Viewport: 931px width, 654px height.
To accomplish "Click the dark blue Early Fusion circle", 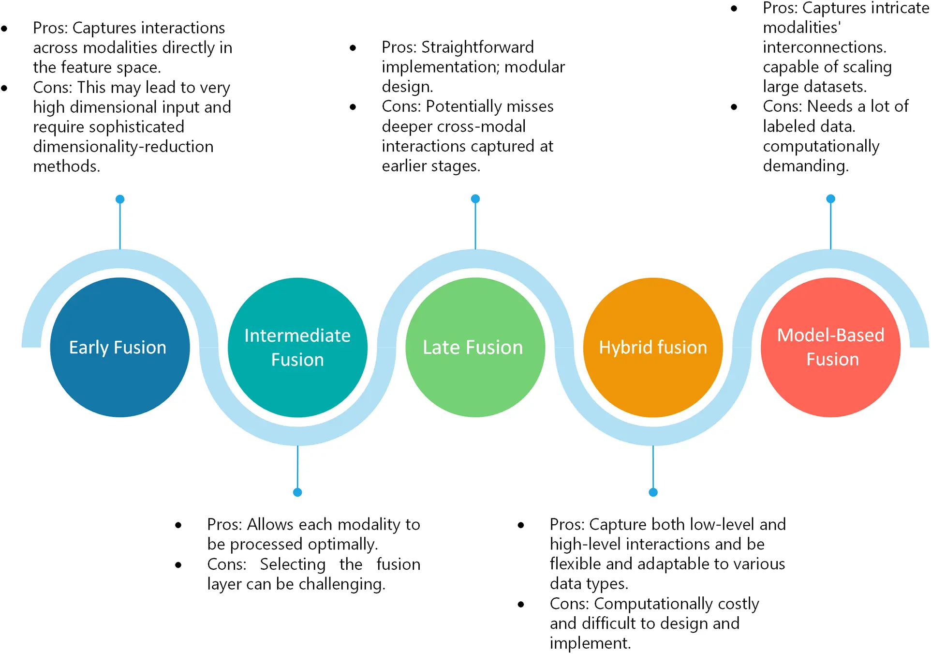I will (120, 347).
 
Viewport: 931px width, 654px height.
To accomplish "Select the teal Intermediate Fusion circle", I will (297, 347).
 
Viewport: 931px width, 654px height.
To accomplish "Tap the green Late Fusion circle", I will (475, 347).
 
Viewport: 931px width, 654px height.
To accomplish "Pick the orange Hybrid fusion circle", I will (653, 347).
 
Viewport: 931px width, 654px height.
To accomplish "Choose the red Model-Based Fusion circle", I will (830, 347).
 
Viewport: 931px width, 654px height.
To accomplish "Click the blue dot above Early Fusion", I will (120, 199).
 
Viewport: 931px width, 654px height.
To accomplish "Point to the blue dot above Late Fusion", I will (475, 198).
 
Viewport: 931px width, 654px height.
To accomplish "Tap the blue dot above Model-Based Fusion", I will (831, 198).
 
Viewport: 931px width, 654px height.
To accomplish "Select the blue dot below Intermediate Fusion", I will (297, 492).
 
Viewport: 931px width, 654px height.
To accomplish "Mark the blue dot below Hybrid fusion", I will (653, 492).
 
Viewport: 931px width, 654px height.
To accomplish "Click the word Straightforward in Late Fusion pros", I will (477, 47).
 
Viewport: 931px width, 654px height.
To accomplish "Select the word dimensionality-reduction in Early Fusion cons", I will (123, 146).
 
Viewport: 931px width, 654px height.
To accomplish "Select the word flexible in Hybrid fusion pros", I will (575, 564).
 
